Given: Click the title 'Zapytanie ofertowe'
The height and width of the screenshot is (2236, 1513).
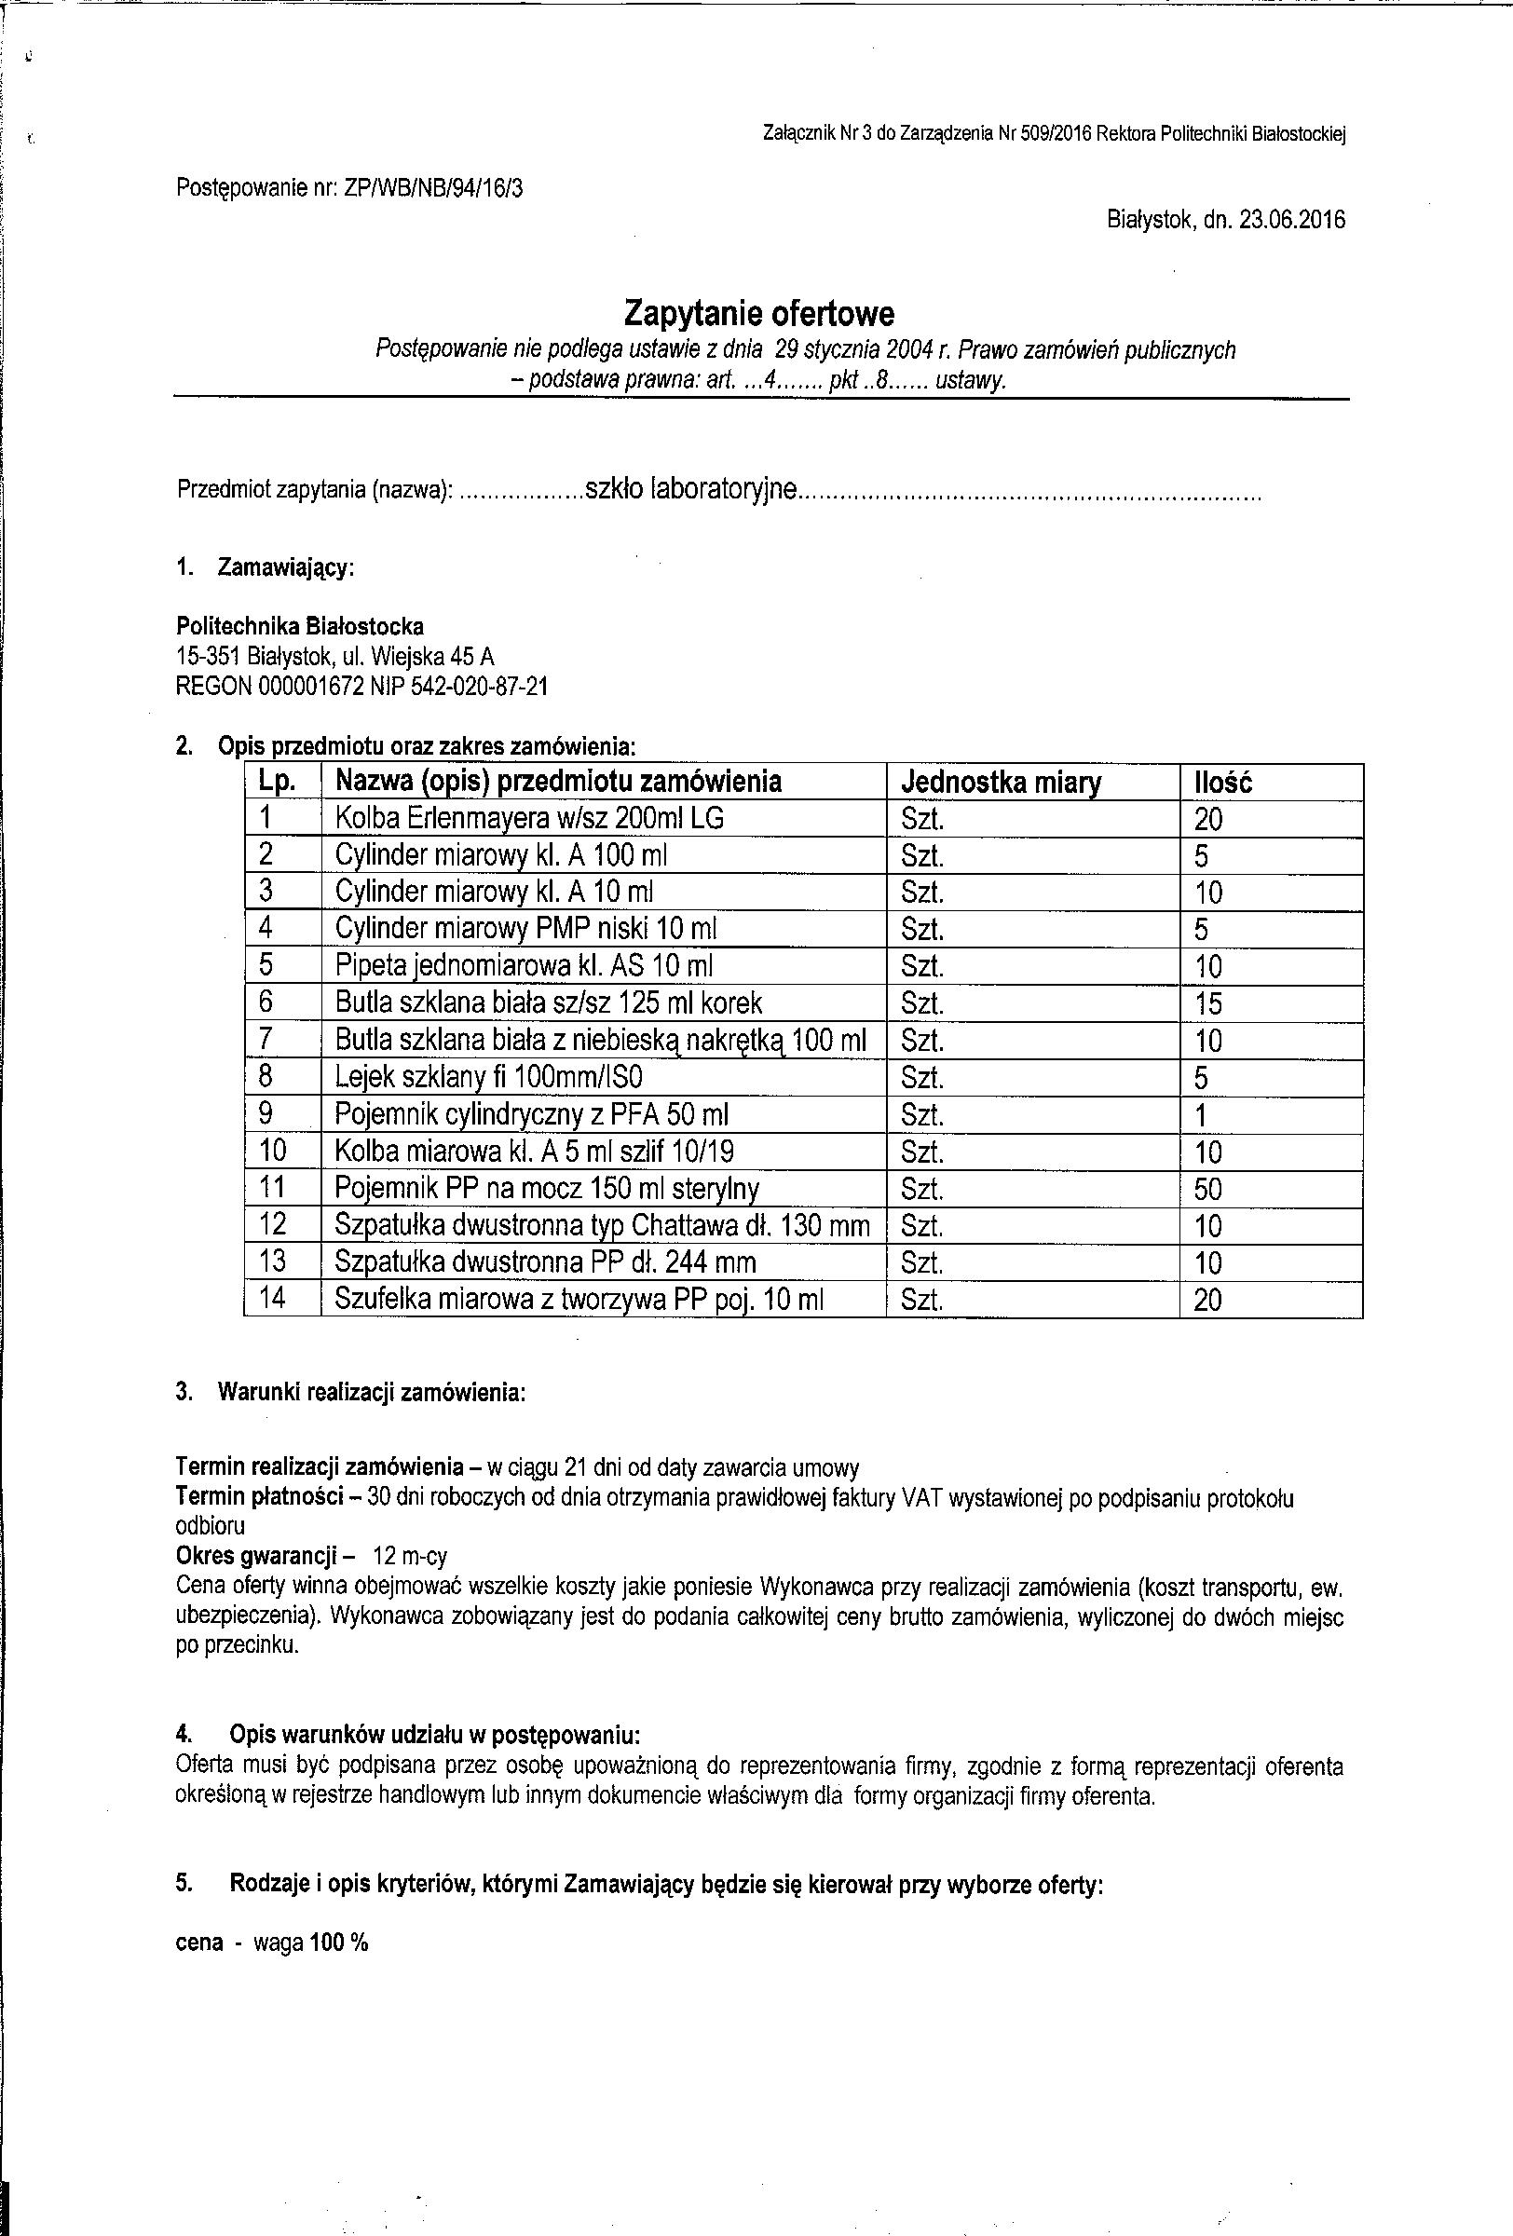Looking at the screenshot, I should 759,314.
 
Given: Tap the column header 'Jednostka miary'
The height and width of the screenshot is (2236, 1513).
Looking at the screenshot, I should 1001,783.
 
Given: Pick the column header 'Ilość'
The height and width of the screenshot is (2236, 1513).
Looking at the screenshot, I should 1222,783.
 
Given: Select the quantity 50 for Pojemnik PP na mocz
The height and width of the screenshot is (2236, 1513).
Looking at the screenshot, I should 1207,1189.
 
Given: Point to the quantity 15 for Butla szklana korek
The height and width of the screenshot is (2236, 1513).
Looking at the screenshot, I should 1207,1003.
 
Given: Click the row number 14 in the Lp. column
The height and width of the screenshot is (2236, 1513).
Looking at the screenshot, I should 272,1299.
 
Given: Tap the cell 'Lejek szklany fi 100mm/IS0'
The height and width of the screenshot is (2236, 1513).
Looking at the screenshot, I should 488,1078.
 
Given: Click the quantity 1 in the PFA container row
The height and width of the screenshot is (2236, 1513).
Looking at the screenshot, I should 1200,1116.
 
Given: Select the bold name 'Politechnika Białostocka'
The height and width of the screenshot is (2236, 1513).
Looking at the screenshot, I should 300,626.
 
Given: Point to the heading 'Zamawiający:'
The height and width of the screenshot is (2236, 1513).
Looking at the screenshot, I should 287,567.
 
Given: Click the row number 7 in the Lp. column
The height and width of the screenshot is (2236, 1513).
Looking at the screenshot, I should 266,1040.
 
